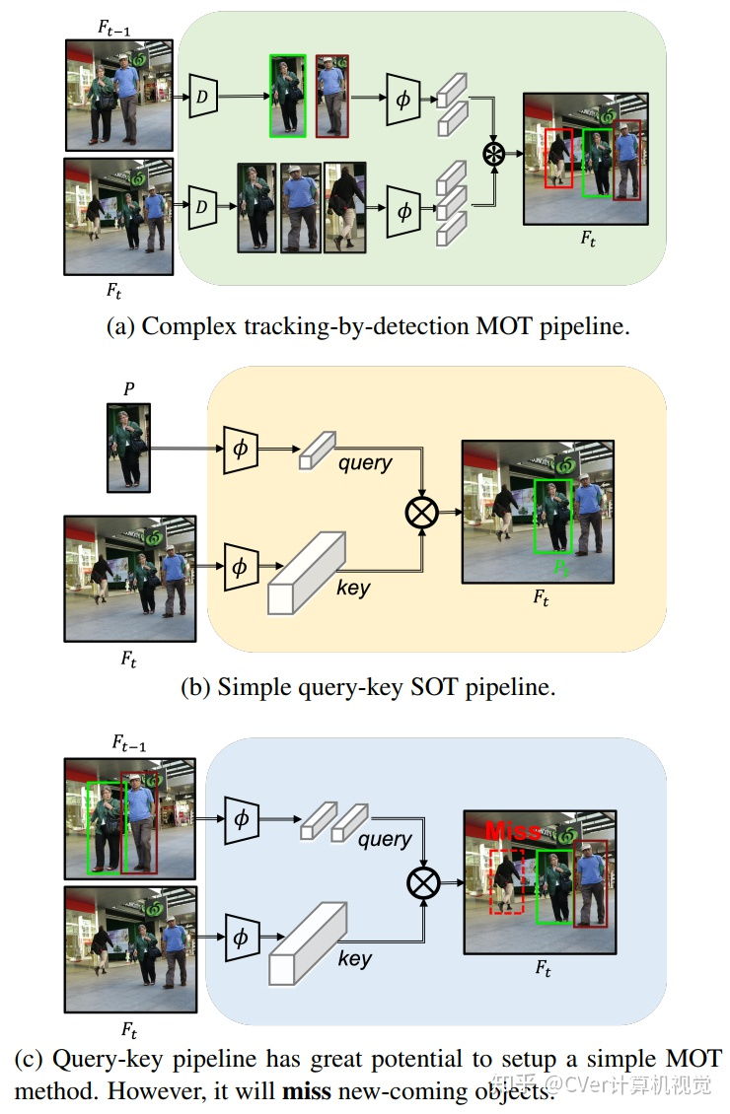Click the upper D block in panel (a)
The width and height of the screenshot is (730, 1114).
(202, 95)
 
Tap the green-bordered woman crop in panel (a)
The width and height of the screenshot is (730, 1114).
(288, 96)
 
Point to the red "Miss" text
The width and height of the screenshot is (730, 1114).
(513, 830)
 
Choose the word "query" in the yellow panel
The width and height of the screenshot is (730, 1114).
(365, 462)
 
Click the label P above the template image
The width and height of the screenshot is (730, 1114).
(128, 388)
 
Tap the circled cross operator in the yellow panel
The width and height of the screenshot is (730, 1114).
(422, 512)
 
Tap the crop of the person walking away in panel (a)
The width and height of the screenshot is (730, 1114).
(345, 208)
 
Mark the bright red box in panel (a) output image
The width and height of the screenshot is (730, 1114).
(559, 158)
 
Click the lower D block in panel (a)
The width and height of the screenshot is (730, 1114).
(202, 207)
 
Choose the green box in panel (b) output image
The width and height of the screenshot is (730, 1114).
(552, 517)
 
